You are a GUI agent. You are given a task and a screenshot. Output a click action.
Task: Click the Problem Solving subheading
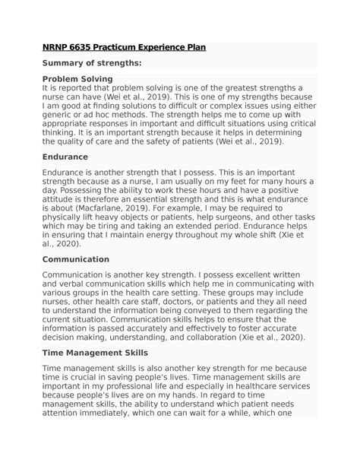coord(77,78)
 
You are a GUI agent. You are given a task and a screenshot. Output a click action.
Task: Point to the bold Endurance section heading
coord(65,157)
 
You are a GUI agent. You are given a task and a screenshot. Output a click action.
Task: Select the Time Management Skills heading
coord(95,353)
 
